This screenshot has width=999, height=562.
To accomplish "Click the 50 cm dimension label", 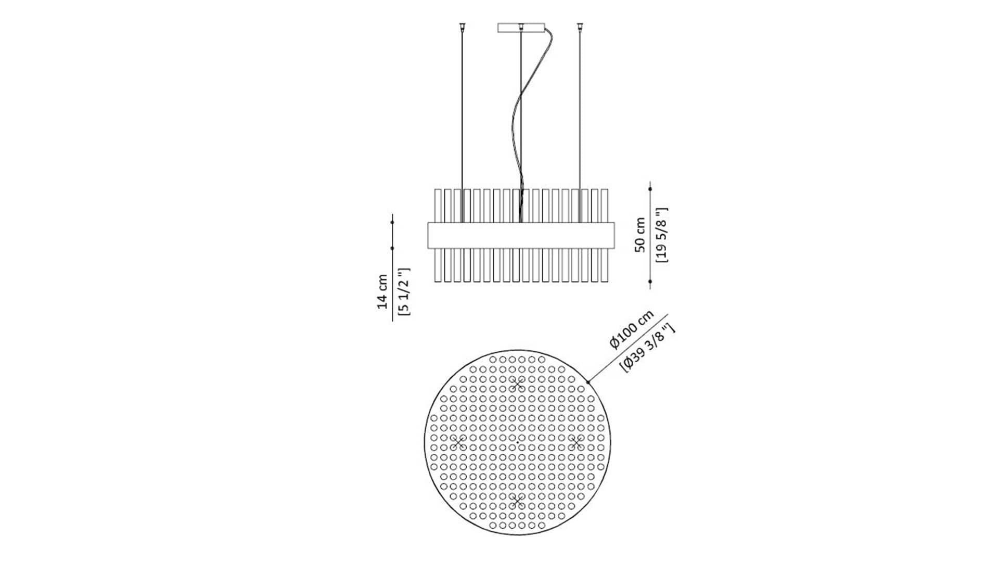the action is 641,235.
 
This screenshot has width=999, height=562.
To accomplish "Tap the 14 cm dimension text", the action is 382,292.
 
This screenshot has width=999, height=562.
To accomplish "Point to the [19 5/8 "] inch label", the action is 662,235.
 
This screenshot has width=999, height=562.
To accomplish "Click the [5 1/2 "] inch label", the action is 404,291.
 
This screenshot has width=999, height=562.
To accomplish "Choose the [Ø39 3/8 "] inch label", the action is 648,347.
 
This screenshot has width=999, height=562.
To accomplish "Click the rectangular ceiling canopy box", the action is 521,28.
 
